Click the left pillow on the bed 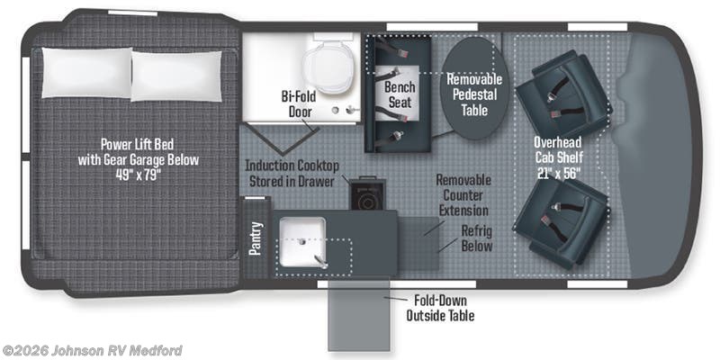pyautogui.click(x=86, y=73)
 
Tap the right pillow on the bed pyautogui.click(x=176, y=76)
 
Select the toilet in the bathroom pyautogui.click(x=328, y=63)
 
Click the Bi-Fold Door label pyautogui.click(x=299, y=103)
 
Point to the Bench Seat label pyautogui.click(x=400, y=94)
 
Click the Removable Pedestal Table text pyautogui.click(x=475, y=94)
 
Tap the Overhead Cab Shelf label pyautogui.click(x=558, y=157)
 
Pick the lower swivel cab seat pyautogui.click(x=561, y=222)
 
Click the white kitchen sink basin pyautogui.click(x=303, y=242)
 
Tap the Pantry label pyautogui.click(x=256, y=238)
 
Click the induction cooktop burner pyautogui.click(x=366, y=200)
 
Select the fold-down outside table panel pyautogui.click(x=358, y=316)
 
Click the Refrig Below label pyautogui.click(x=477, y=238)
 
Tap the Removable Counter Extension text pyautogui.click(x=463, y=195)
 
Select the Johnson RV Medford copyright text pyautogui.click(x=92, y=351)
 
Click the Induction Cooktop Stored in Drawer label pyautogui.click(x=292, y=173)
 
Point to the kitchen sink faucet pyautogui.click(x=319, y=262)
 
